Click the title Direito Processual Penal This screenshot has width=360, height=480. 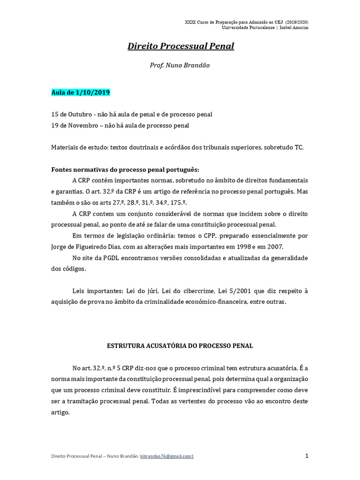(x=180, y=46)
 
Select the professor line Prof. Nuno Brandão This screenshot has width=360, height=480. (x=180, y=65)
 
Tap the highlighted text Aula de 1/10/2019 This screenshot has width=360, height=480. (x=81, y=92)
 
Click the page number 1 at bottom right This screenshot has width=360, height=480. (x=306, y=456)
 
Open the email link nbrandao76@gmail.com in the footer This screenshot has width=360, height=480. (x=166, y=457)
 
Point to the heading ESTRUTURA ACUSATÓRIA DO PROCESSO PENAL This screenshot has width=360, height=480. (x=180, y=346)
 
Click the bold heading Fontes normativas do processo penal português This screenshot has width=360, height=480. (x=125, y=169)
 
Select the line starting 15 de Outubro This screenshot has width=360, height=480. (x=132, y=114)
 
